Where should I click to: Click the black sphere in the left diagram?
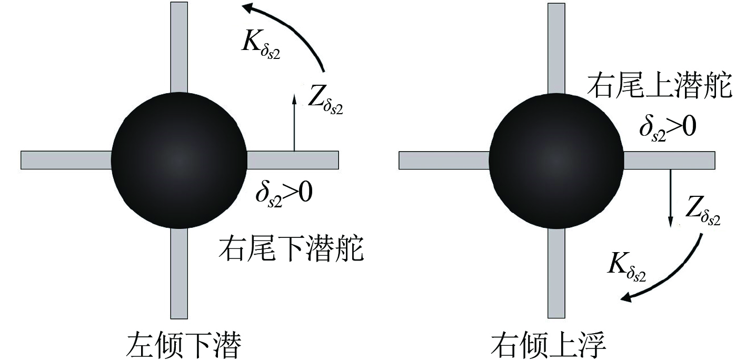(179, 161)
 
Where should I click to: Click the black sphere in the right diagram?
(556, 161)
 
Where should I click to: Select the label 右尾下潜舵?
(291, 249)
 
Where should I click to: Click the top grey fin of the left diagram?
(179, 47)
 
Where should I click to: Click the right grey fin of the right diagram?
(669, 160)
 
